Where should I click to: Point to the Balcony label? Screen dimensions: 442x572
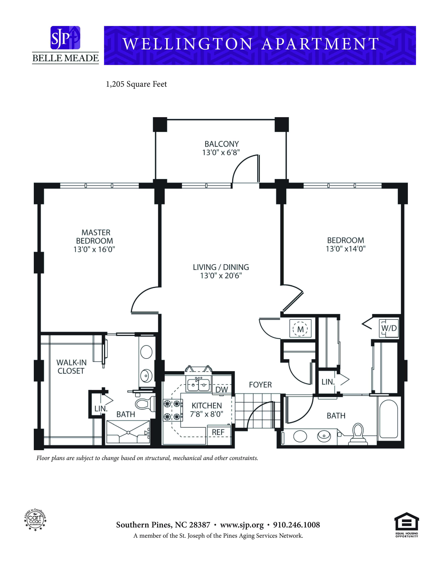coord(222,144)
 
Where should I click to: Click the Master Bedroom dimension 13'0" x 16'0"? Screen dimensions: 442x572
coord(94,249)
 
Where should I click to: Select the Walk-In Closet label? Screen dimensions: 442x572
coord(71,367)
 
